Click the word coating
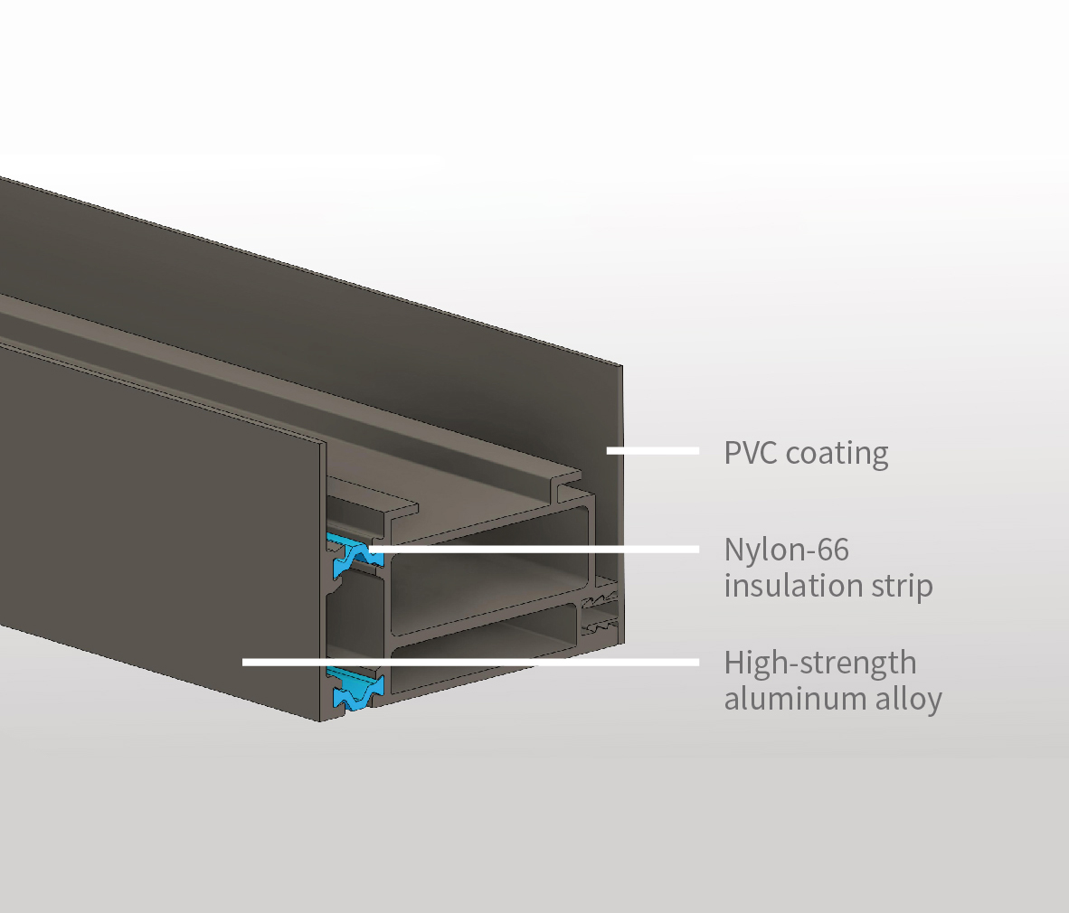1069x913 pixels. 837,453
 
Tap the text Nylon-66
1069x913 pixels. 786,549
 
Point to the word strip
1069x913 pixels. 903,586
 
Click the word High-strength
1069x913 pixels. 819,663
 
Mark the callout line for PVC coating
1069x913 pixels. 652,450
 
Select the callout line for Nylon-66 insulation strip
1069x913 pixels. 543,549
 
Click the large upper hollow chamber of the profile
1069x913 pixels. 488,579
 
